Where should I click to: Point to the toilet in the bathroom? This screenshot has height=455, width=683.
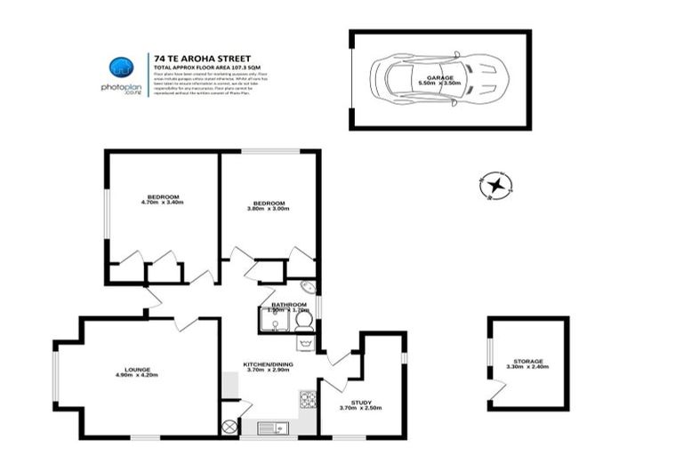pyautogui.click(x=303, y=321)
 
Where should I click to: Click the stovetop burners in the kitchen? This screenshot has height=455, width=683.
pyautogui.click(x=309, y=400)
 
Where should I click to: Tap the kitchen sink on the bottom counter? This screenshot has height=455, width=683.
pyautogui.click(x=272, y=428)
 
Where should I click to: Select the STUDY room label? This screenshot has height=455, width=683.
pyautogui.click(x=360, y=403)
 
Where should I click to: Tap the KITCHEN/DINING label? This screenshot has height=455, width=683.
pyautogui.click(x=269, y=364)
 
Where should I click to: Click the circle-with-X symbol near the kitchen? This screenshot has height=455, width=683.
pyautogui.click(x=230, y=428)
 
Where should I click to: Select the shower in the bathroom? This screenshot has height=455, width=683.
pyautogui.click(x=276, y=320)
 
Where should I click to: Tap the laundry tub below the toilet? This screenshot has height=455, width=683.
pyautogui.click(x=305, y=342)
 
